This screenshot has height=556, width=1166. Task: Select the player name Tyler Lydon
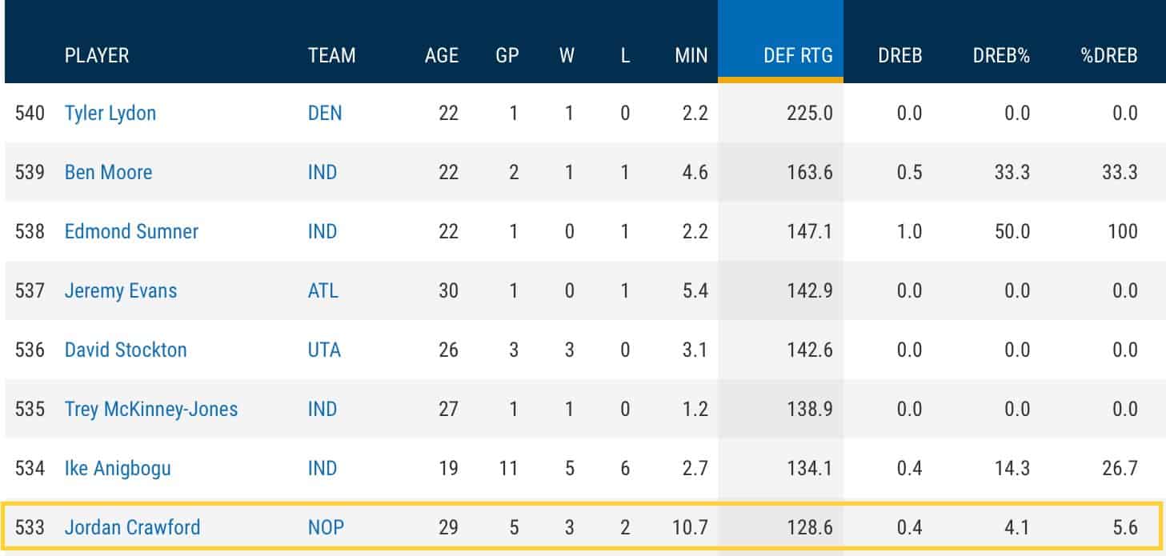(x=110, y=113)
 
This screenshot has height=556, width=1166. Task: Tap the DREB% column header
(x=1000, y=55)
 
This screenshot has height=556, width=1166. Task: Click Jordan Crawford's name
(x=132, y=528)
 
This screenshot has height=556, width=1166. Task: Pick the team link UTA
(x=324, y=350)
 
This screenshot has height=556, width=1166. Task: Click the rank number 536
(x=30, y=350)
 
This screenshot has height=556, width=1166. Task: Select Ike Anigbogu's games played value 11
(x=507, y=468)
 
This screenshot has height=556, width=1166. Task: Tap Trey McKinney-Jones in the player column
(x=151, y=409)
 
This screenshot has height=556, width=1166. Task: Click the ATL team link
(x=323, y=290)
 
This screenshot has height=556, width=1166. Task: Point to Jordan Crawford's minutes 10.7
(x=690, y=528)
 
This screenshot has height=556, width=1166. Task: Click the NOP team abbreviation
(x=325, y=528)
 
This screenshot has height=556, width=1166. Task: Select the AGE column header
(x=442, y=55)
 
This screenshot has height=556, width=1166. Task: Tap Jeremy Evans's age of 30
(x=448, y=290)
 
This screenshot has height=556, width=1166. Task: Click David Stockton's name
(x=126, y=350)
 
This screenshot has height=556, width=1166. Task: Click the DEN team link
(x=325, y=113)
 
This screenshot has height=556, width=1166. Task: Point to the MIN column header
(x=691, y=55)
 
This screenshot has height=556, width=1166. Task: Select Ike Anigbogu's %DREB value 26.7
(x=1119, y=468)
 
